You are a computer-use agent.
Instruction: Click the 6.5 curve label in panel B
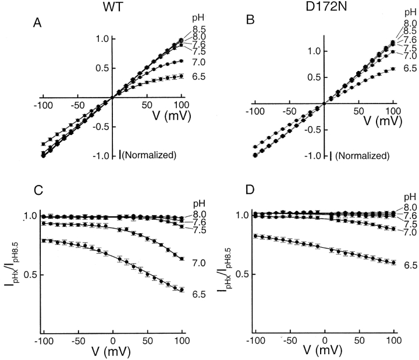coord(410,69)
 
